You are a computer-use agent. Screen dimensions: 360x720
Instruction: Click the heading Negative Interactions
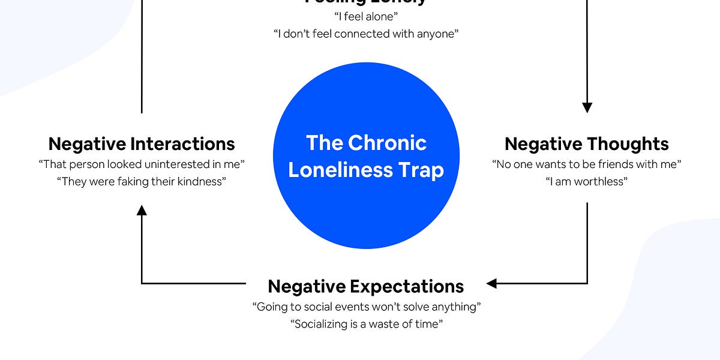pos(142,144)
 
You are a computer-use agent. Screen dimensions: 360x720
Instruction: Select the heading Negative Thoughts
pos(586,144)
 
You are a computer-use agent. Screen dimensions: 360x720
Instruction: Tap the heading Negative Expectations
pos(365,286)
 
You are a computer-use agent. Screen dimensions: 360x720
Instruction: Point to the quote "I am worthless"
pos(586,181)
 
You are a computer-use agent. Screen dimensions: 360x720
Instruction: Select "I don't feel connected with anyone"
pos(366,34)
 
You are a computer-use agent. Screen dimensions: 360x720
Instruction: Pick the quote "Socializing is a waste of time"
pos(366,324)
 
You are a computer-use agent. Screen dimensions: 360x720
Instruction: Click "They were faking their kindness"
pos(142,181)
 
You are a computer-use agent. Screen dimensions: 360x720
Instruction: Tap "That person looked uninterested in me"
pos(142,164)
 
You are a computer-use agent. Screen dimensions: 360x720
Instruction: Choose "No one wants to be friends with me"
pos(586,164)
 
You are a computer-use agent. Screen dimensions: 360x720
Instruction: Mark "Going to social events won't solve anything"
pos(366,307)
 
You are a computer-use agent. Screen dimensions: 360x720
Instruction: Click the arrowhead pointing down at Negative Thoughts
pos(587,108)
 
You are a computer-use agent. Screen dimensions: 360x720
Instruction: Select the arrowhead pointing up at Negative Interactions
pos(142,210)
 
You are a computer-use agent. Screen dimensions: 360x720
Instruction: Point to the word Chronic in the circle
pos(387,143)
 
